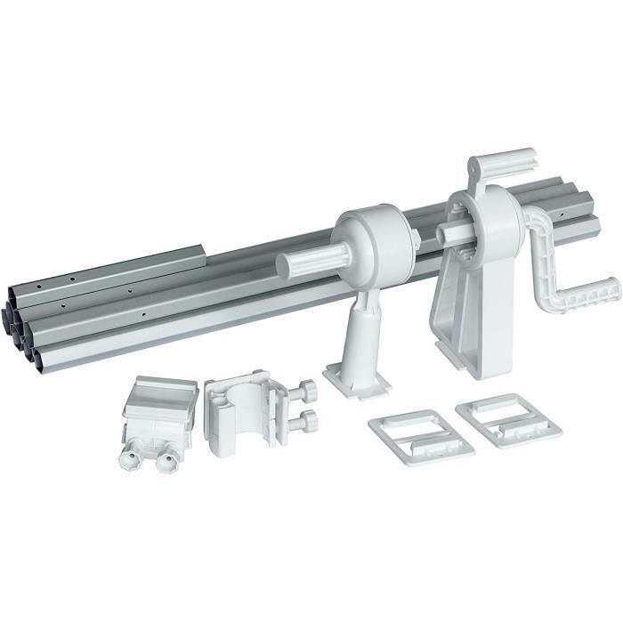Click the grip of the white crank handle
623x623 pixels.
pos(595,292)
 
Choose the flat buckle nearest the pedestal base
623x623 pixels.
pos(421,432)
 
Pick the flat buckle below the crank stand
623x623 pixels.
pos(507,419)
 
